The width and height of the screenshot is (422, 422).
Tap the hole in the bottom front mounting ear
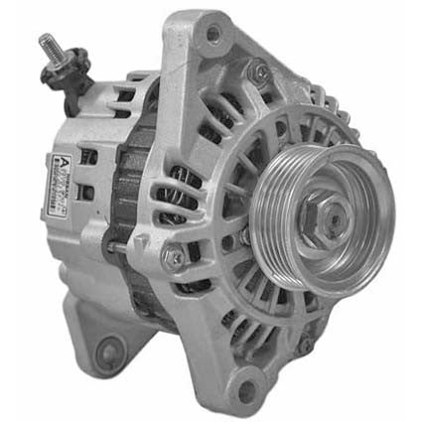[244, 386]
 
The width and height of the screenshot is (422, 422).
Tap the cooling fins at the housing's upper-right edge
[333, 109]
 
